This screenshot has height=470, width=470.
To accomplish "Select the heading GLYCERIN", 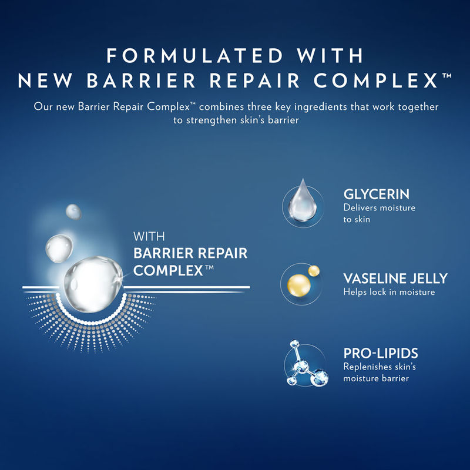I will click(x=377, y=194).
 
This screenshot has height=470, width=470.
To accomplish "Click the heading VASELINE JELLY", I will click(x=395, y=278).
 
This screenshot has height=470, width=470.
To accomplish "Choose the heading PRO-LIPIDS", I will click(x=380, y=354).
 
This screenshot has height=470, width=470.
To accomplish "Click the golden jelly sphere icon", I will click(x=301, y=284).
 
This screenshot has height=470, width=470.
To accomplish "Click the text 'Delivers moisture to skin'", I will click(x=371, y=214).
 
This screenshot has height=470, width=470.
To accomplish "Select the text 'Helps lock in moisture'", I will click(x=389, y=291).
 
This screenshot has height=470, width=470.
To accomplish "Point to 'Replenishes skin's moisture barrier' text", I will click(x=376, y=372).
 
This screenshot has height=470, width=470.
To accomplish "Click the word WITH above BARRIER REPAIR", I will click(x=150, y=237).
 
